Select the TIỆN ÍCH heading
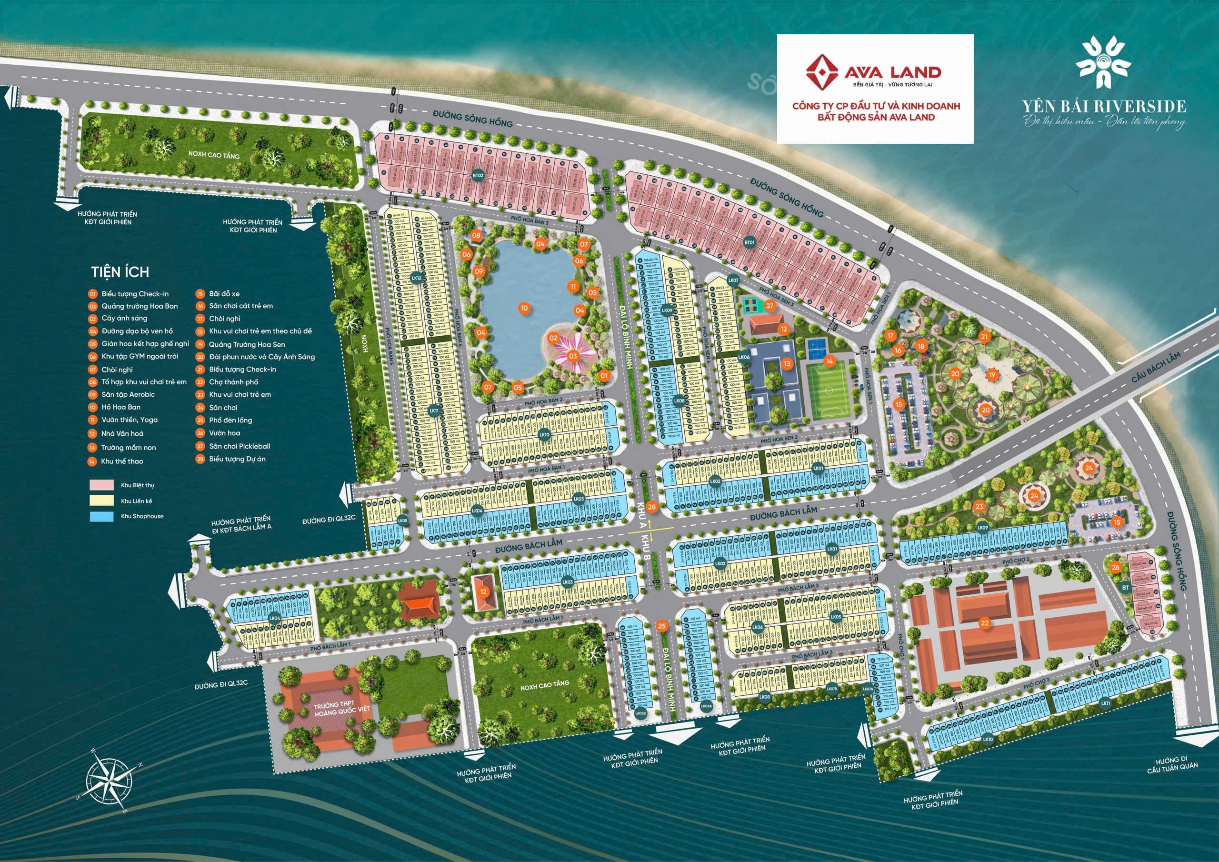120,272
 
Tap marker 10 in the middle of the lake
524,308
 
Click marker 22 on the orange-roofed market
985,623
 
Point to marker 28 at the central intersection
652,507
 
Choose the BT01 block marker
749,243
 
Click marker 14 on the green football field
829,361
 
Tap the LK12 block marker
416,278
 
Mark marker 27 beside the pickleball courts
770,306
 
